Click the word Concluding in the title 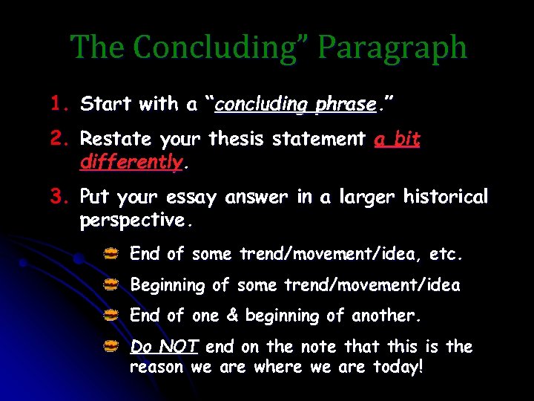[x=214, y=48]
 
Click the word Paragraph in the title [x=392, y=48]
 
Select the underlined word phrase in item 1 [x=346, y=105]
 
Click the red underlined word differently [x=131, y=161]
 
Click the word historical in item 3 [x=445, y=197]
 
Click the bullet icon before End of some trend [x=111, y=255]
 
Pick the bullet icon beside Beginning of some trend [x=111, y=284]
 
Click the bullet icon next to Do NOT [x=111, y=346]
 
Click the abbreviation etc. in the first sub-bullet [x=446, y=255]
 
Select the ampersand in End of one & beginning [x=232, y=316]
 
